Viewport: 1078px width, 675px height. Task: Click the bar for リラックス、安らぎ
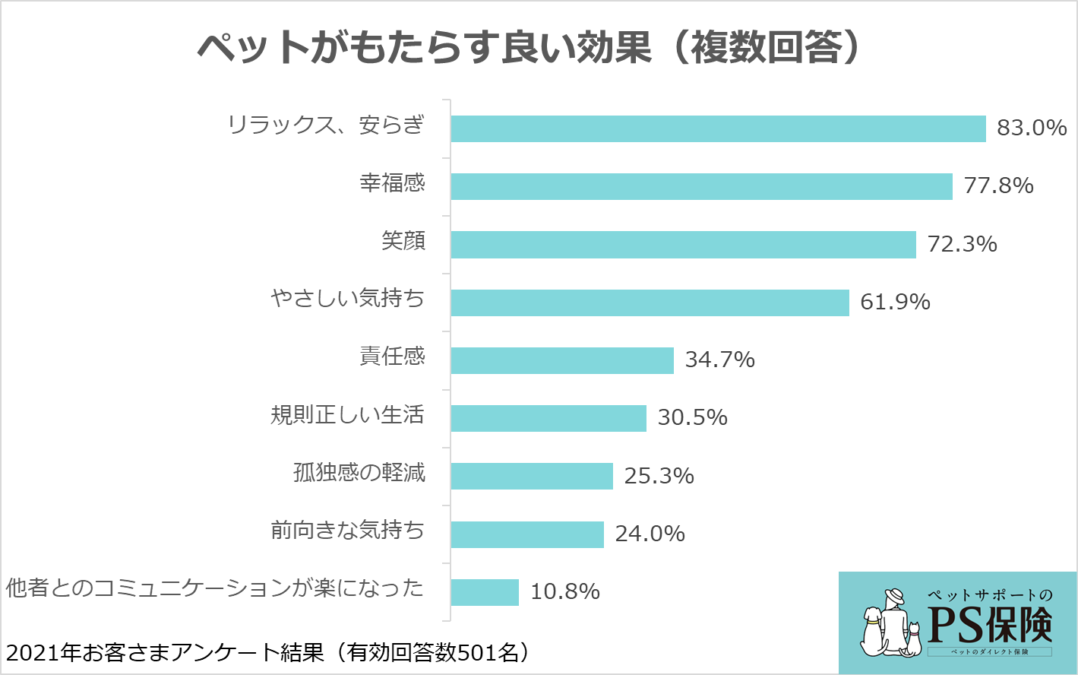[718, 128]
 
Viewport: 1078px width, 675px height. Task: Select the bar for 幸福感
[701, 186]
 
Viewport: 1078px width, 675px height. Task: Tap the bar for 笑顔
[683, 245]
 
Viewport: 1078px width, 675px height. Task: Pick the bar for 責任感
[562, 360]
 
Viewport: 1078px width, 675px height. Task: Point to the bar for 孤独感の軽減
[532, 476]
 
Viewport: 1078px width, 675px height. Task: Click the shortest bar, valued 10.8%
[485, 592]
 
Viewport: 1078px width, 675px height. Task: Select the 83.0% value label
[1032, 128]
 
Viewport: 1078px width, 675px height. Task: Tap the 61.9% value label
[895, 302]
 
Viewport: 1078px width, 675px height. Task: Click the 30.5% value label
[692, 417]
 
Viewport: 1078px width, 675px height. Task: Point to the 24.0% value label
[650, 534]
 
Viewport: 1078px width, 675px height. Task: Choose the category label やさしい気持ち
[347, 298]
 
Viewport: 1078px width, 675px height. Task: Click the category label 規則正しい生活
[347, 414]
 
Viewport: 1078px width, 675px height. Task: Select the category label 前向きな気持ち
[347, 530]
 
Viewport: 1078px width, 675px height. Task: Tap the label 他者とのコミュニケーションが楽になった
[214, 588]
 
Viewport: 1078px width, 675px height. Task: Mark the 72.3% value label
[962, 244]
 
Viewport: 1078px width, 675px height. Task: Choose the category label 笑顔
[403, 241]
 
